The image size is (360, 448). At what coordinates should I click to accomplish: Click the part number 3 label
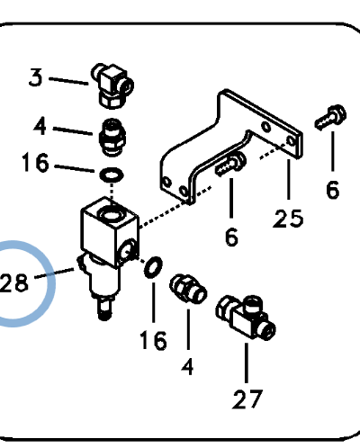click(x=36, y=78)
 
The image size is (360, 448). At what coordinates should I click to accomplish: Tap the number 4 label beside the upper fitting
click(x=40, y=126)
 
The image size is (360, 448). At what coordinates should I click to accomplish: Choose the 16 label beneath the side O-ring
click(x=153, y=341)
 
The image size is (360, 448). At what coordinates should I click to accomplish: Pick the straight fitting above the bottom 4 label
click(x=188, y=289)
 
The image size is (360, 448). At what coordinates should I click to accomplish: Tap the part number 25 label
click(x=290, y=218)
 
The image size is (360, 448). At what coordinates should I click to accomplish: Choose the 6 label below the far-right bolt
click(x=332, y=190)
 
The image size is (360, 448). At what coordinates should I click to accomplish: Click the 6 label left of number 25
click(x=231, y=237)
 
